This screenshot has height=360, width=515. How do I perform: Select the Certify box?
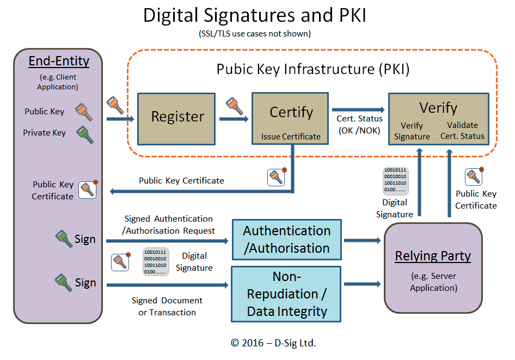tap(290, 118)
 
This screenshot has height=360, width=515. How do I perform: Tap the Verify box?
tap(438, 118)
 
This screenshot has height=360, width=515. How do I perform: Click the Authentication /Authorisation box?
tap(287, 239)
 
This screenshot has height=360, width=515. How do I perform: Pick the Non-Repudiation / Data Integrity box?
tap(287, 294)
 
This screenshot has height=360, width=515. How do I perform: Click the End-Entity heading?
tap(59, 61)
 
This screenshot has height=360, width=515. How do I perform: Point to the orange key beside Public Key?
tap(84, 112)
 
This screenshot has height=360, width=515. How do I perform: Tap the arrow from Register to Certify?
tap(233, 118)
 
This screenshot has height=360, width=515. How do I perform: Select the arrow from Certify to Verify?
tap(358, 109)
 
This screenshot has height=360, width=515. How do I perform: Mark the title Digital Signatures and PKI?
tap(254, 15)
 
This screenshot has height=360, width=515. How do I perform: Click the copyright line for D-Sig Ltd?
tap(273, 343)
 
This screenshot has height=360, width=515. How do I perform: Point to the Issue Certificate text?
tap(291, 137)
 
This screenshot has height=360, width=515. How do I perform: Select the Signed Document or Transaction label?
tap(167, 307)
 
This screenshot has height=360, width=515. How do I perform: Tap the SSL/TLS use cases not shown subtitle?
tap(255, 33)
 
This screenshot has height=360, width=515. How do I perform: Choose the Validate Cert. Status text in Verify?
tap(462, 131)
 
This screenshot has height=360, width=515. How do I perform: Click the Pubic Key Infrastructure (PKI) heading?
tap(313, 69)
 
